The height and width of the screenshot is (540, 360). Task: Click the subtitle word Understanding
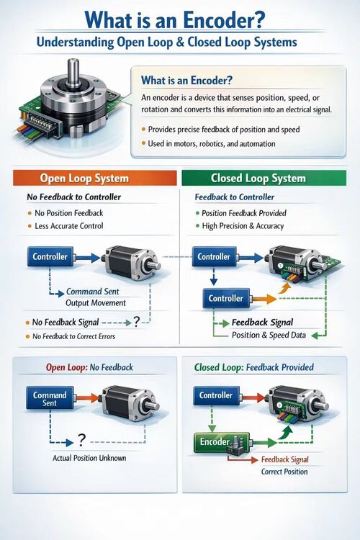click(74, 43)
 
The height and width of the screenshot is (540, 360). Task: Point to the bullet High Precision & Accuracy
click(244, 226)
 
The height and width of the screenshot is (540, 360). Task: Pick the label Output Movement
click(95, 303)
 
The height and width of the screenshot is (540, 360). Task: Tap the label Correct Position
click(284, 472)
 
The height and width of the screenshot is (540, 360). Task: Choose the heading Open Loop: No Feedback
click(89, 367)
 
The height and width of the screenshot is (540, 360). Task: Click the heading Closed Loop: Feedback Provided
click(254, 367)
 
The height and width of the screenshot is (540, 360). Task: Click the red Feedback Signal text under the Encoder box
click(284, 459)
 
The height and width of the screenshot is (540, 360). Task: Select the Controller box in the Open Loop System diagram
click(50, 256)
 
